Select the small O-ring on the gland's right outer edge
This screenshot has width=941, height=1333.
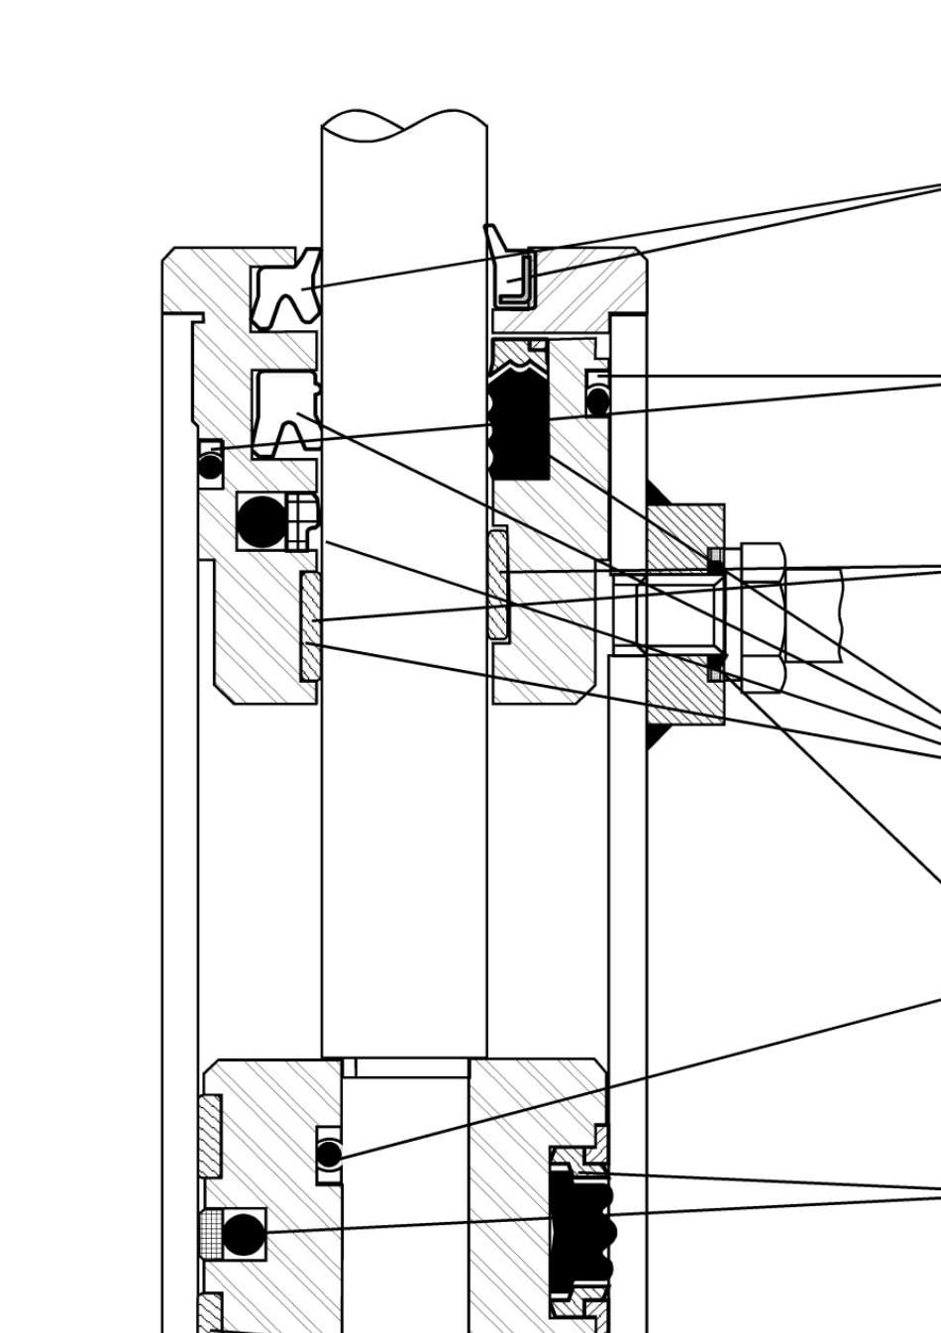tap(597, 400)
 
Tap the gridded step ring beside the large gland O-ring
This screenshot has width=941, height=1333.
tap(302, 521)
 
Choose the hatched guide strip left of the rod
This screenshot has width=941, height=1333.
tap(310, 626)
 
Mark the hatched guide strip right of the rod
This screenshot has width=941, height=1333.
tap(497, 584)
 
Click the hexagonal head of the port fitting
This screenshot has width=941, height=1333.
tap(763, 615)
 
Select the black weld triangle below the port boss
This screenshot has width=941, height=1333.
tap(657, 736)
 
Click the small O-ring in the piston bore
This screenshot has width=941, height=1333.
tap(329, 1155)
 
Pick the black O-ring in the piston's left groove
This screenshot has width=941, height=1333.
tap(244, 1234)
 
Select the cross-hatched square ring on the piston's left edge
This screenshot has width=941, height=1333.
tap(210, 1234)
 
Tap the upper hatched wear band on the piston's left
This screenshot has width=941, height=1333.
tap(209, 1136)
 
